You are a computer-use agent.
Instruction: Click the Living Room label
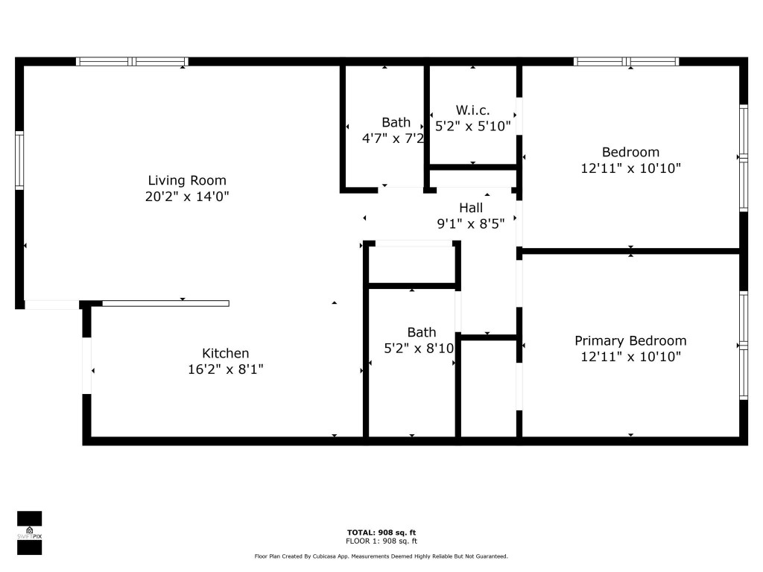pos(187,180)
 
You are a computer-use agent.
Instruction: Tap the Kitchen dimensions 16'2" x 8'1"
pos(225,369)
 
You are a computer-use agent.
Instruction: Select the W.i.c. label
pos(472,110)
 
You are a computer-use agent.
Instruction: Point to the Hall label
pos(471,208)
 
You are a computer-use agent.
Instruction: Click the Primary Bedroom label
pos(630,341)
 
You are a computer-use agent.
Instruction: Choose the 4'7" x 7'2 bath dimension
pos(393,139)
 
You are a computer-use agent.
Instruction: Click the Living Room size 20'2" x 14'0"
pos(187,197)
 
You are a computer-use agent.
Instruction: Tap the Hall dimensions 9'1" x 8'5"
pos(476,223)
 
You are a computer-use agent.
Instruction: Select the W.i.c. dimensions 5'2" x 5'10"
pos(473,127)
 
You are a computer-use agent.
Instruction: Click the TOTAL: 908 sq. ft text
pos(381,532)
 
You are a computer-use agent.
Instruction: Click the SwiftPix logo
pos(29,533)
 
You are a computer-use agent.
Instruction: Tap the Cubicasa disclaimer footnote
pos(381,556)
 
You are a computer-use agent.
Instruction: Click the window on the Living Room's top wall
pos(132,62)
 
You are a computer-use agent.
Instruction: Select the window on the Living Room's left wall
pos(20,160)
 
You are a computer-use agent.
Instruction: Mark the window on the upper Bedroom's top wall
pos(626,62)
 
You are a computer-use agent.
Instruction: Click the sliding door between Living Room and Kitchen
pos(165,303)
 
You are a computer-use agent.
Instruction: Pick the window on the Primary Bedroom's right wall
pos(743,345)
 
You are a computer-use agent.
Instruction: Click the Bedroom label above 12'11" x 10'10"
pos(630,153)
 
